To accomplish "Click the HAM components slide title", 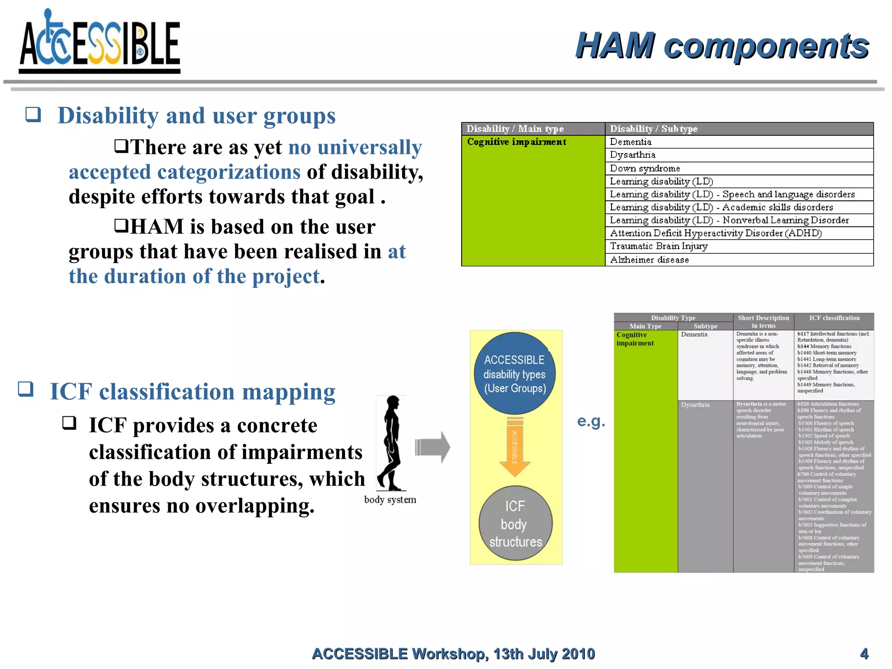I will pos(722,46).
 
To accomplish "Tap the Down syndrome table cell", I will pos(645,168).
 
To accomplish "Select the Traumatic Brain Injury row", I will pos(659,246).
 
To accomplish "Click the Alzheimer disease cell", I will pos(649,260).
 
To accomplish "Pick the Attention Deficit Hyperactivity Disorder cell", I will pos(716,233).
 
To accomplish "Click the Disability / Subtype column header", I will pos(653,128).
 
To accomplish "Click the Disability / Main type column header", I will pos(515,128).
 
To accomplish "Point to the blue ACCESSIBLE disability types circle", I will pos(515,373).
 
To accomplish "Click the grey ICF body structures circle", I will pos(515,523).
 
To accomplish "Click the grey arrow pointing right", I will pos(432,447).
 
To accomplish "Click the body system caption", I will pos(390,500).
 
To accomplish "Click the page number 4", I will pos(864,653).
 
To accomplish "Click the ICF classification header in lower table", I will pos(834,318).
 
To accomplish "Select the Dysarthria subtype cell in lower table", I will pos(695,405).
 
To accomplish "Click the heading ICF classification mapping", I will pos(193,392).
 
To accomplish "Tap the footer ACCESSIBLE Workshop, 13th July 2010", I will pos(453,653).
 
